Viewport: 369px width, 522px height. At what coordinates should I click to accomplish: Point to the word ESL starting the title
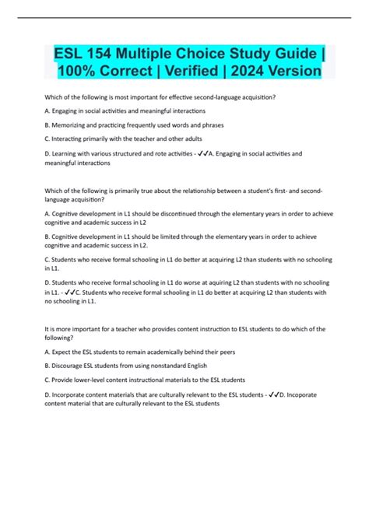68,52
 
